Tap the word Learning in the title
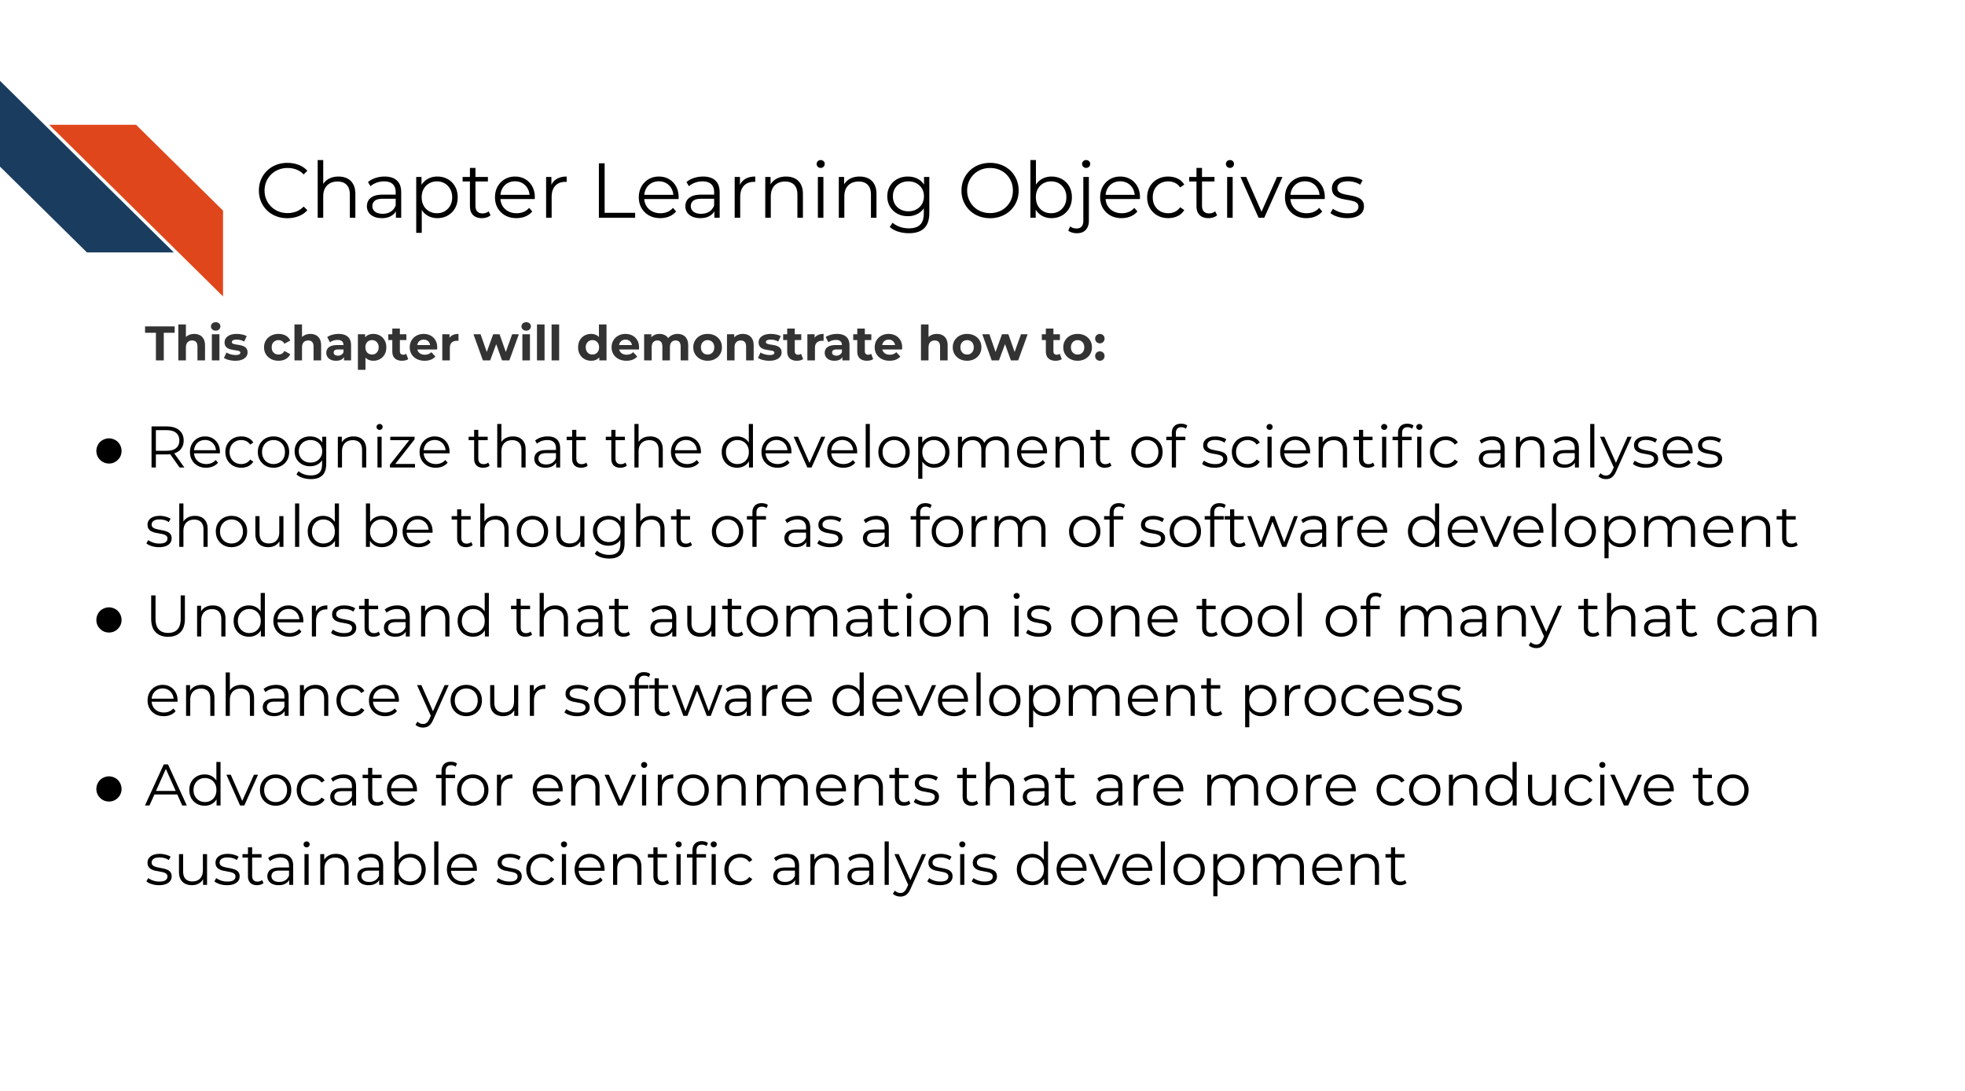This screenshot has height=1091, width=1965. (763, 193)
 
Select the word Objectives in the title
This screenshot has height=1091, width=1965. (1162, 193)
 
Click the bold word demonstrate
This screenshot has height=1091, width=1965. (740, 344)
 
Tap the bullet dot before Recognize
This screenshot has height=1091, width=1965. (108, 451)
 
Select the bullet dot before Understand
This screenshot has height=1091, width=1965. (108, 620)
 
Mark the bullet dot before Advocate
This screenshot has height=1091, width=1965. (108, 789)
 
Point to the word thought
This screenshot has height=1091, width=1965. (571, 527)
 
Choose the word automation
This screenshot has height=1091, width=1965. (820, 618)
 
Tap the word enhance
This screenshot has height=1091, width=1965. (273, 697)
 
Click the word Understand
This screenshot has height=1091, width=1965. (319, 617)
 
